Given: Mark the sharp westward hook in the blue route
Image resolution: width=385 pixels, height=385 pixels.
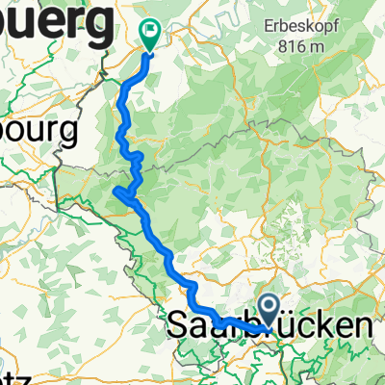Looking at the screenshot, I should click(116, 192).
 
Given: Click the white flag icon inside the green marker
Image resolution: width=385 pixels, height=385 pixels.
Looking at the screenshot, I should click(150, 31).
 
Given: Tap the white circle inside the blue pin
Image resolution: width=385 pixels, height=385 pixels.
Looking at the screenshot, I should click(269, 308).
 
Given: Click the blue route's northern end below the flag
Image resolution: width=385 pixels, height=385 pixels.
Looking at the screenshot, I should click(149, 54).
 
